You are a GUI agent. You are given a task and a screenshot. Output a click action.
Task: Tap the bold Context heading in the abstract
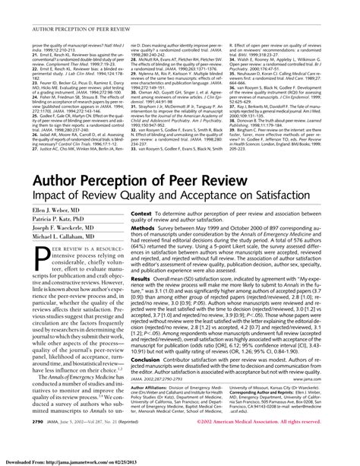pos(145,216)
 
